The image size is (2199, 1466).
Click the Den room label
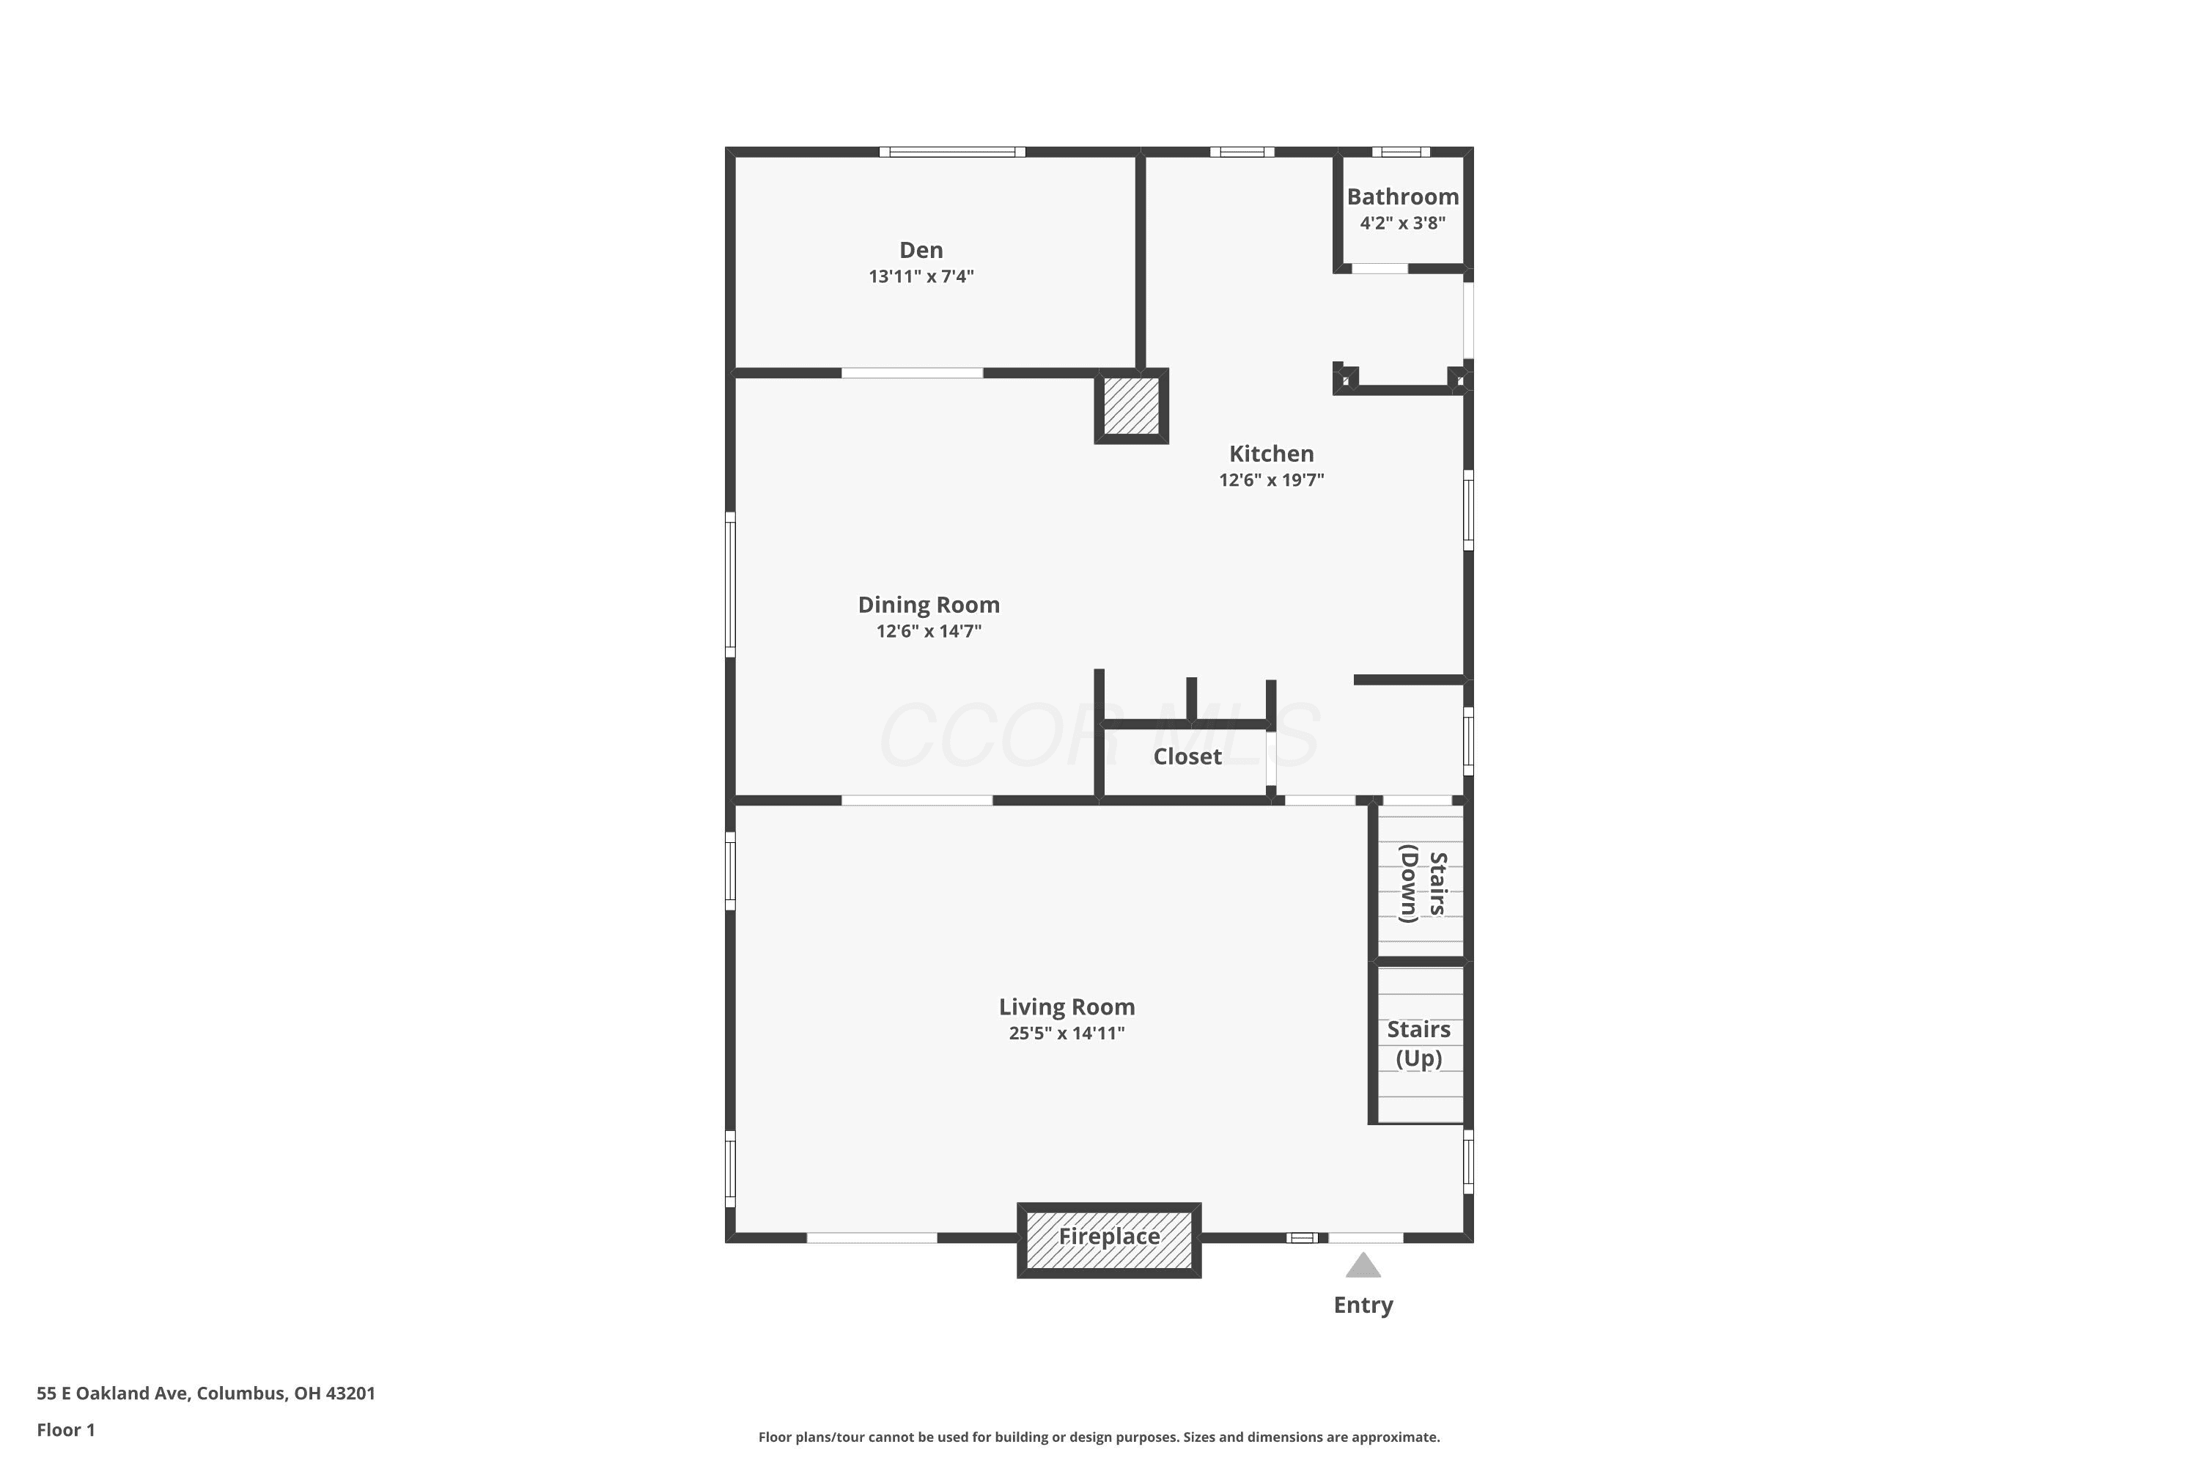tap(921, 250)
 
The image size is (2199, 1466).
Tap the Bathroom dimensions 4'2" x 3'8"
tap(1402, 223)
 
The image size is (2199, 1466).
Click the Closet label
tap(1187, 756)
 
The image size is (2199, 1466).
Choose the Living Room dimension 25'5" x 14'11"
tap(1067, 1033)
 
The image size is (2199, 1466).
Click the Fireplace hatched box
tap(1109, 1240)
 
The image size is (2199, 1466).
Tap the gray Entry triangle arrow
tap(1363, 1265)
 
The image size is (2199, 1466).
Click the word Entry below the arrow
tap(1363, 1305)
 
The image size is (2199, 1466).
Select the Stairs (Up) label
tap(1418, 1043)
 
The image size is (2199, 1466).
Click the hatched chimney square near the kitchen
tap(1131, 406)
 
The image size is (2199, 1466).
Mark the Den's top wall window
tap(951, 152)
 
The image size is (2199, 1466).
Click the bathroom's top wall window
tap(1401, 152)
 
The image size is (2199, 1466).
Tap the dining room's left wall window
tap(730, 584)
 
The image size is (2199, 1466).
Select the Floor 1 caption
tap(65, 1429)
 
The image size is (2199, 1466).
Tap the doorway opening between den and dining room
tap(912, 373)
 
